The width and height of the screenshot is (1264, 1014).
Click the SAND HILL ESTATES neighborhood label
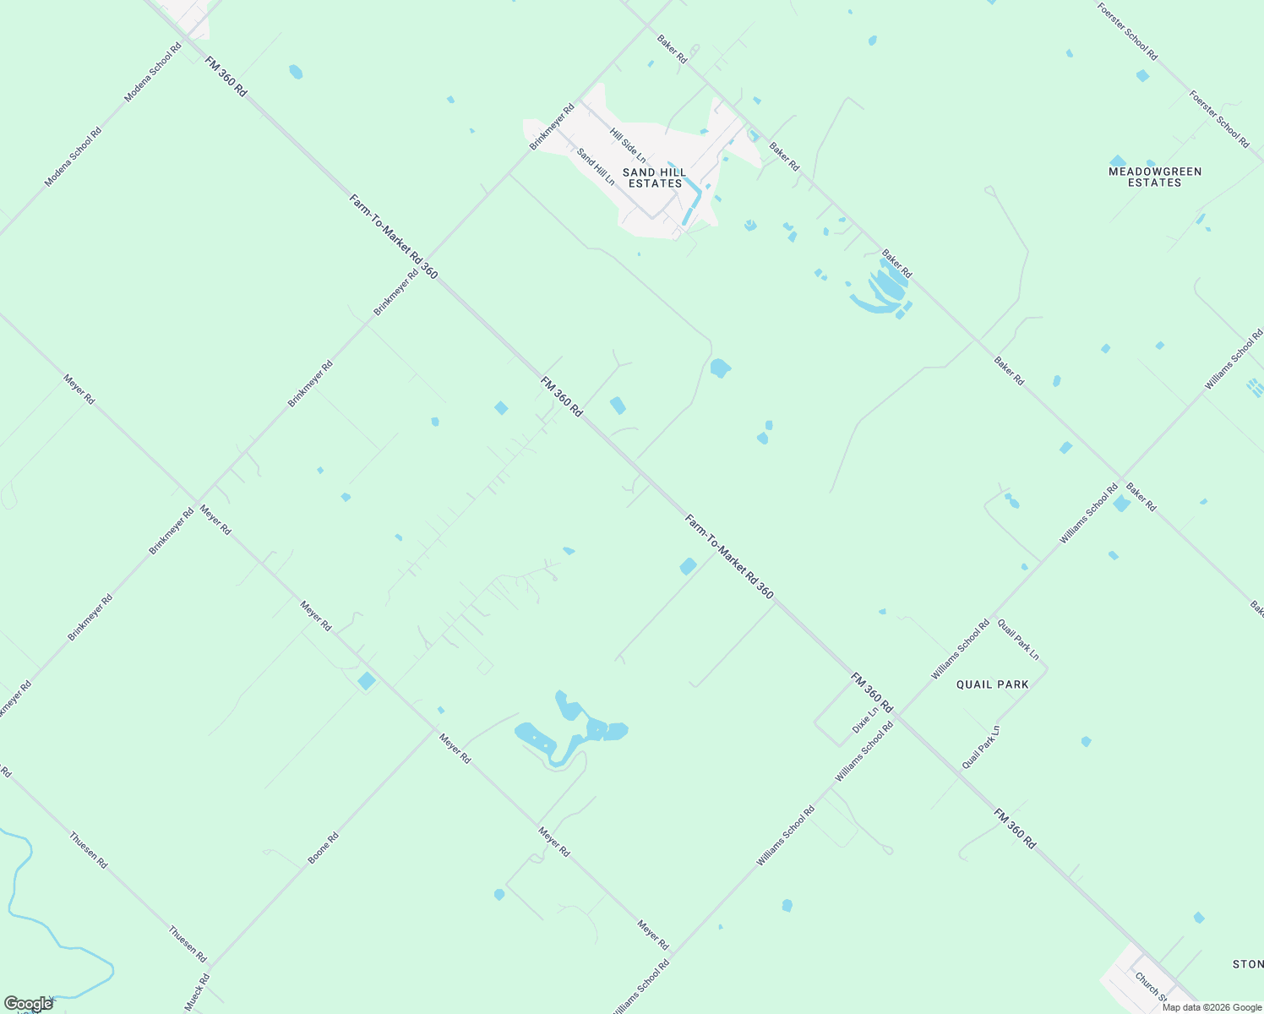click(x=654, y=177)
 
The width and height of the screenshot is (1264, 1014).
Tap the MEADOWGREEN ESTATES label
click(x=1154, y=177)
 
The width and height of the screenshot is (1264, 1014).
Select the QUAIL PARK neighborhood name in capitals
click(x=992, y=684)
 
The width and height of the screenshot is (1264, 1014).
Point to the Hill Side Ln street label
click(x=628, y=145)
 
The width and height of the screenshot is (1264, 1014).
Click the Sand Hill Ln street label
click(x=596, y=166)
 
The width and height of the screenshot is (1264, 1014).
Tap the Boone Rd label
click(x=323, y=848)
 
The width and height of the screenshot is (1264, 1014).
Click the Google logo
click(x=28, y=1004)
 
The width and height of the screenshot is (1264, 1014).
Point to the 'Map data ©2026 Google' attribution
click(x=1212, y=1007)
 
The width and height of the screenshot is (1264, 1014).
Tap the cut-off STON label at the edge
click(x=1247, y=964)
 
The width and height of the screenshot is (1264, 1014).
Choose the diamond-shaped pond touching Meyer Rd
click(x=367, y=681)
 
